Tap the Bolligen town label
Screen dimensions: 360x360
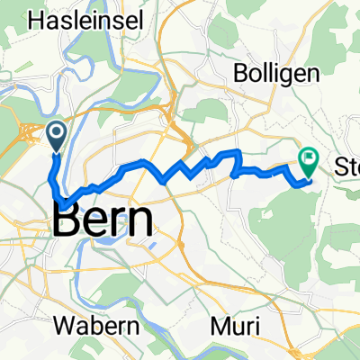coord(276,71)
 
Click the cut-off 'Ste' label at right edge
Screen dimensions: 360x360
coord(346,166)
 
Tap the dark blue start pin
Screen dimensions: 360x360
coord(56,137)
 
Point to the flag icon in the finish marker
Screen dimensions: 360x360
coord(309,160)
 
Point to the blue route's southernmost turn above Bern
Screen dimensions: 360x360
coord(61,200)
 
